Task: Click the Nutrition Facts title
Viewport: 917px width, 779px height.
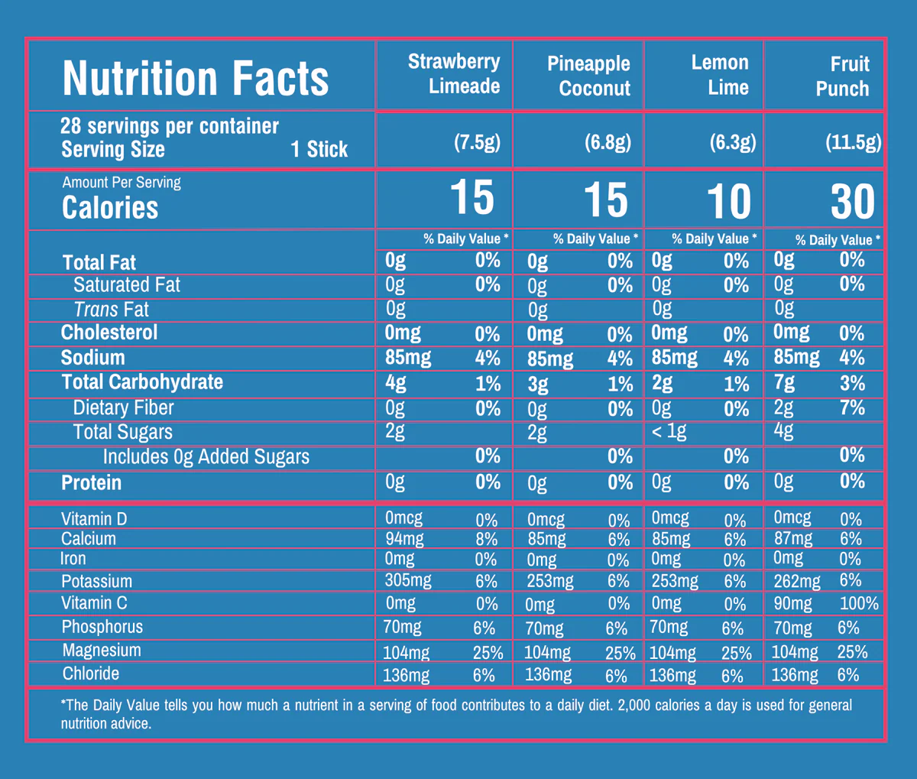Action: pyautogui.click(x=196, y=78)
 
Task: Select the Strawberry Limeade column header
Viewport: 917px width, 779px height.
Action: pyautogui.click(x=454, y=73)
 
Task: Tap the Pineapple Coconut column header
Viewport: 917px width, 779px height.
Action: pyautogui.click(x=589, y=76)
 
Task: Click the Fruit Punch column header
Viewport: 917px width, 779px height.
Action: pyautogui.click(x=842, y=76)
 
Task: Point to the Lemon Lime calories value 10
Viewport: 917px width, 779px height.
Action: pyautogui.click(x=729, y=201)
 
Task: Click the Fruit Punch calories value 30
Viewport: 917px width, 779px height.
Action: pyautogui.click(x=853, y=201)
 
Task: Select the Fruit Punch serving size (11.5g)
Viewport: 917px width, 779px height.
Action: pyautogui.click(x=853, y=142)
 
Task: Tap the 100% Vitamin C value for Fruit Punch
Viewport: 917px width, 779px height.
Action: pyautogui.click(x=859, y=603)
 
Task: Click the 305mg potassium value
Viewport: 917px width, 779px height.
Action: pyautogui.click(x=408, y=580)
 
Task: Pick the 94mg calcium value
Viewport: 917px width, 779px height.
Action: pyautogui.click(x=404, y=538)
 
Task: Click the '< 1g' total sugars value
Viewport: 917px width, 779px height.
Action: pyautogui.click(x=669, y=432)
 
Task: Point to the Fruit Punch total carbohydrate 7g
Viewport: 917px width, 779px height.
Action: pyautogui.click(x=784, y=382)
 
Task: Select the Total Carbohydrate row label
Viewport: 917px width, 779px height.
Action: pyautogui.click(x=142, y=382)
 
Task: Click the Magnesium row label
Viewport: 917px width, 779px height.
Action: pyautogui.click(x=102, y=651)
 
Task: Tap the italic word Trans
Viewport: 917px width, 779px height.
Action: pyautogui.click(x=96, y=310)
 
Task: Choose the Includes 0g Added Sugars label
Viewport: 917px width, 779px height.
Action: pyautogui.click(x=206, y=457)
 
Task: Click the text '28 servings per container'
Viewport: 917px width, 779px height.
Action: pyautogui.click(x=170, y=126)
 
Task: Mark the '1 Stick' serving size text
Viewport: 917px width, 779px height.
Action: pyautogui.click(x=319, y=149)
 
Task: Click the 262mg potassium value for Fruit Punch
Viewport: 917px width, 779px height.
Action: pyautogui.click(x=797, y=581)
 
